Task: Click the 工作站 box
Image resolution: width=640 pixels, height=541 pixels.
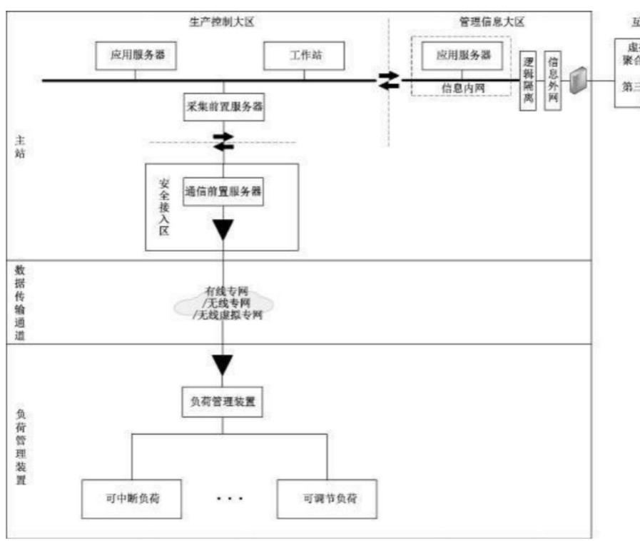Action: [x=304, y=55]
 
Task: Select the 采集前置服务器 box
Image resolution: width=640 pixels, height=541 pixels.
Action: [x=223, y=108]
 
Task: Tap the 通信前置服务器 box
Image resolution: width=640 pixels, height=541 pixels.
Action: [x=223, y=192]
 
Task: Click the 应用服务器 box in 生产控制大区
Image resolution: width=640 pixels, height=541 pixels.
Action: [x=136, y=55]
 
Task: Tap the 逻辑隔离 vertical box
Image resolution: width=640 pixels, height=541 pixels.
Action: [x=527, y=80]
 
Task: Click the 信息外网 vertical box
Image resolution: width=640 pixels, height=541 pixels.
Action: [x=552, y=80]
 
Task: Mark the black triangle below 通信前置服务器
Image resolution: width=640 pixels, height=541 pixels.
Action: [x=223, y=230]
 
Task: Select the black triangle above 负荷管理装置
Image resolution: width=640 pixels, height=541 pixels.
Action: [x=223, y=364]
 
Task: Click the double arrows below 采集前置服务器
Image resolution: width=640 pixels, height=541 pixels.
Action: [x=223, y=141]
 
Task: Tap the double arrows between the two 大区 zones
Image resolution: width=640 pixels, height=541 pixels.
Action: [x=389, y=80]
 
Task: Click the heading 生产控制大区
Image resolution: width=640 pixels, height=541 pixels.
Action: [x=222, y=21]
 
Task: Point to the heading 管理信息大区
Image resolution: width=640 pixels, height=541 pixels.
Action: [x=492, y=21]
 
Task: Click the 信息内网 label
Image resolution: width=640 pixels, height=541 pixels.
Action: [x=463, y=89]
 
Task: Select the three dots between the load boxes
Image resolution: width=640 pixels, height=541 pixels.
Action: [x=230, y=497]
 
